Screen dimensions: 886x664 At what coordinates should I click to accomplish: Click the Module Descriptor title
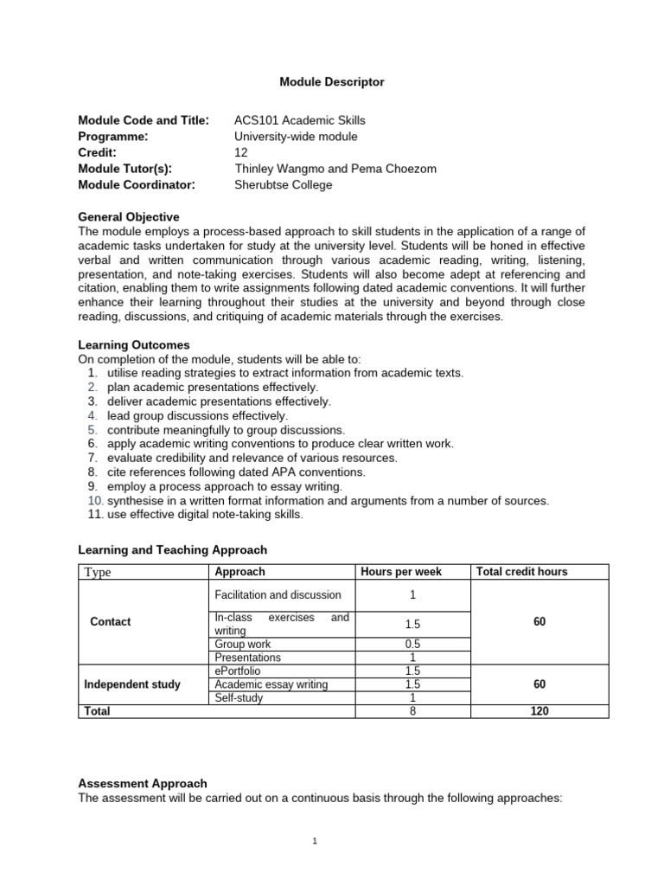coord(331,82)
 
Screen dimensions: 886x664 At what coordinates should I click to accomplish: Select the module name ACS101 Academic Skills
coord(293,120)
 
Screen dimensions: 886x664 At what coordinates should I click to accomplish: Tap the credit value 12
coord(241,152)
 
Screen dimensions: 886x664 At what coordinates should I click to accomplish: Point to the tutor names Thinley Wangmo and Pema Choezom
coord(335,169)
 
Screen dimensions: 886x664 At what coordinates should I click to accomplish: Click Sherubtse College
coord(283,184)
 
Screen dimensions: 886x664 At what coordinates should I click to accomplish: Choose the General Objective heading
coord(129,217)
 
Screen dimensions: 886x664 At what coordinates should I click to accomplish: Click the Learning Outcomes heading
coord(134,344)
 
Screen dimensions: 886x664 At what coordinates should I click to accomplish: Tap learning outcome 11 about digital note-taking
coord(205,514)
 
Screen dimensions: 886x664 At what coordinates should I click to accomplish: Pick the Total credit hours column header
coord(521,572)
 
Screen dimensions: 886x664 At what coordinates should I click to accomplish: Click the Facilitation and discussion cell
coord(278,594)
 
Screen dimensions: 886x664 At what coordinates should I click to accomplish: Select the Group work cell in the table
coord(242,644)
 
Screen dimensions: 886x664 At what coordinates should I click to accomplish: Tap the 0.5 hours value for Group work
coord(412,644)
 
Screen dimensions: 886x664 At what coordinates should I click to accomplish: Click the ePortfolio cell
coord(237,671)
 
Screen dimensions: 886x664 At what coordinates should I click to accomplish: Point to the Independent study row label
coord(132,684)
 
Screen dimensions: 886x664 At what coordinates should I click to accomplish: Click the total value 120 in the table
coord(539,711)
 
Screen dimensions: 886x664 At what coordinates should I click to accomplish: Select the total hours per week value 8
coord(412,711)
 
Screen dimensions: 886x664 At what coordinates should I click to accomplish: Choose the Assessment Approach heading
coord(143,783)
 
